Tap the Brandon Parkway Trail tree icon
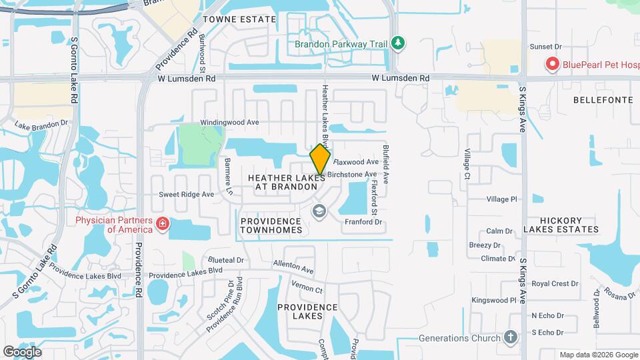pos(398,43)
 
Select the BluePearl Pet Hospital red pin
pos(552,65)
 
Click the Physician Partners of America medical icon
pos(162,224)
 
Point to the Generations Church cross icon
pos(511,337)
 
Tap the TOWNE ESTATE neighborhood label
pos(239,19)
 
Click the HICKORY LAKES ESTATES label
pos(561,225)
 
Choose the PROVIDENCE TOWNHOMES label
pos(271,225)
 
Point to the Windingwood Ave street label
pos(230,123)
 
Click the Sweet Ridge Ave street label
pos(186,195)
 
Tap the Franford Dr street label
pos(363,222)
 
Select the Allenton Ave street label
pos(293,267)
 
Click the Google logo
pos(22,351)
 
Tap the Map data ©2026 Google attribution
pos(597,354)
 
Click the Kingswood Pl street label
pos(494,301)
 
